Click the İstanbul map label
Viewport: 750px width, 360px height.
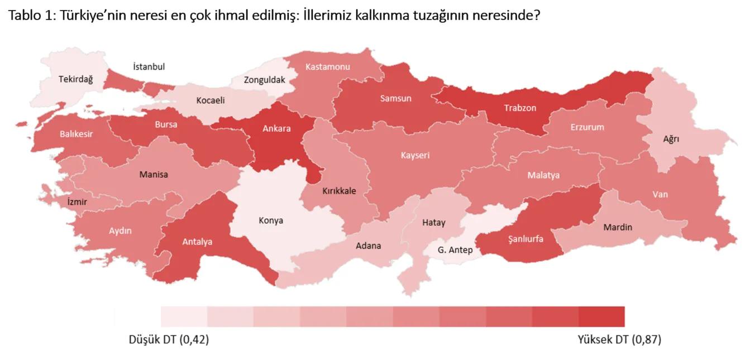point(149,67)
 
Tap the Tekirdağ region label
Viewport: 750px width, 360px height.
point(76,79)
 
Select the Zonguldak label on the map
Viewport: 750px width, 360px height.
point(264,80)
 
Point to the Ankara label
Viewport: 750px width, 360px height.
point(276,128)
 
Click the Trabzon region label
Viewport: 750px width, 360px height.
point(520,108)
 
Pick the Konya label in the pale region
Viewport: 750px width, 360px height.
point(271,220)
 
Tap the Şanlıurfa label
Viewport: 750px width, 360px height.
point(526,239)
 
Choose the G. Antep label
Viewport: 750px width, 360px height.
point(455,249)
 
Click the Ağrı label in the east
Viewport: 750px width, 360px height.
point(671,139)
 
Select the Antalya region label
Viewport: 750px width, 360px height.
point(197,242)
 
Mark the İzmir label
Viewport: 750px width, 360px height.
point(77,201)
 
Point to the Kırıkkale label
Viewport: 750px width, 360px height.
point(339,191)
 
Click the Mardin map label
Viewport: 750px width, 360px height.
point(618,227)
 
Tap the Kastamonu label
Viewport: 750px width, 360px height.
point(327,67)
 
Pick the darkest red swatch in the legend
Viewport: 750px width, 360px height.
point(601,316)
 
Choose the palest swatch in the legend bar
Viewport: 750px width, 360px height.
point(184,316)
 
